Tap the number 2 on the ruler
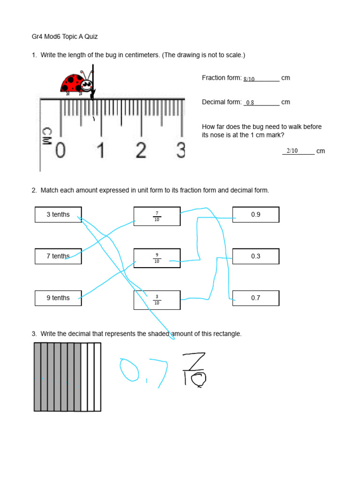click(x=141, y=150)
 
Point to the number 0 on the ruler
click(x=60, y=150)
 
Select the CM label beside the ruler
click(x=47, y=136)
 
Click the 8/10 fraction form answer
click(x=249, y=79)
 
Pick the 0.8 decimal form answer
click(x=250, y=103)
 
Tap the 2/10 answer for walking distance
click(x=292, y=151)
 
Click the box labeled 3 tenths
click(x=58, y=215)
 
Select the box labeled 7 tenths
click(x=58, y=256)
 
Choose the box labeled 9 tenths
click(x=58, y=298)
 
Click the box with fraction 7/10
click(x=157, y=216)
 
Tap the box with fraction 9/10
click(x=157, y=258)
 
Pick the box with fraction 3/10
click(x=157, y=300)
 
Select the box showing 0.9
click(x=255, y=215)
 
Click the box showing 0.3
click(x=255, y=256)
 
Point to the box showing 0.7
click(x=255, y=298)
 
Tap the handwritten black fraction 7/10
click(x=194, y=370)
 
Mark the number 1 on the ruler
click(x=100, y=150)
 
